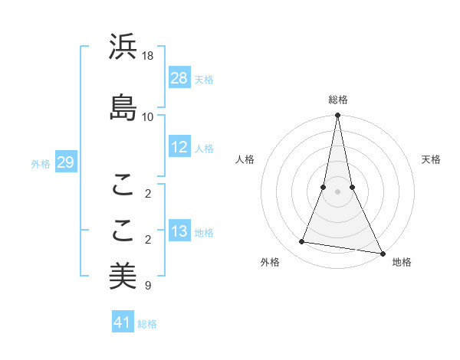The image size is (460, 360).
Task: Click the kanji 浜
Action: click(123, 47)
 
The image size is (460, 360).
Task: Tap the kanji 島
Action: click(123, 106)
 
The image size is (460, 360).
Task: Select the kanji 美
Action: click(123, 276)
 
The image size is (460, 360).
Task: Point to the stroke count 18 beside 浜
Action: click(149, 57)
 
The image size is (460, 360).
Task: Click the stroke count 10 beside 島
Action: click(148, 116)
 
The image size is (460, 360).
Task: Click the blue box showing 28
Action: click(179, 78)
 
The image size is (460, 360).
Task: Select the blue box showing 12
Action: click(179, 148)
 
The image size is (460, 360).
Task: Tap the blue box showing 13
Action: click(179, 232)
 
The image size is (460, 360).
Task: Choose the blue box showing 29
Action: click(65, 163)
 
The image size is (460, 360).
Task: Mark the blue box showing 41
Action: click(123, 322)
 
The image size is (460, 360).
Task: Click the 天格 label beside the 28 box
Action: click(204, 79)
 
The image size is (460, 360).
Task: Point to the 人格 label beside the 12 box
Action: click(204, 149)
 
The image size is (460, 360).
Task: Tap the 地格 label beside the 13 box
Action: click(204, 233)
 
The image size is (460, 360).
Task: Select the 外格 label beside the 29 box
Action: click(41, 164)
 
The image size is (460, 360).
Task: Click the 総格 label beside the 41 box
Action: click(147, 323)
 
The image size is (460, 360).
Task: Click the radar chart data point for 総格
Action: click(337, 116)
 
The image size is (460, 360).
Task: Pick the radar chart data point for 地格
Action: click(382, 253)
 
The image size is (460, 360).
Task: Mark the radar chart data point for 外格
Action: click(302, 242)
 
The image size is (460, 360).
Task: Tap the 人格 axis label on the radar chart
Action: click(245, 159)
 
